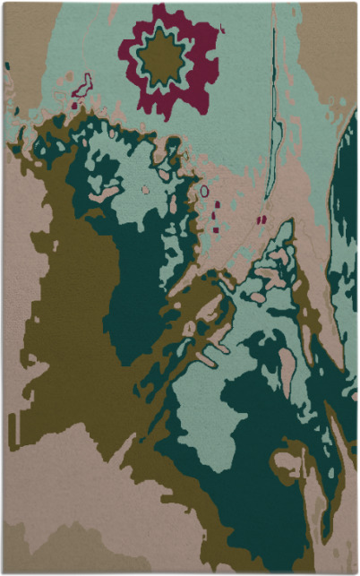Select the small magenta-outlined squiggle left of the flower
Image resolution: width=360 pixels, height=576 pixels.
[x=82, y=87]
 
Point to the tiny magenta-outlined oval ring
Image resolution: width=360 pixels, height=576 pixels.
[x=204, y=191]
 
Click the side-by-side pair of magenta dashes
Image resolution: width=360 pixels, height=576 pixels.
[x=261, y=219]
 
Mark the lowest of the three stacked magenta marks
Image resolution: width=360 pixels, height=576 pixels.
[x=217, y=228]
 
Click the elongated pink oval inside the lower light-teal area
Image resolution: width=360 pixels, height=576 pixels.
[x=287, y=367]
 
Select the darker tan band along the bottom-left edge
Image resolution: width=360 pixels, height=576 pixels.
[x=45, y=546]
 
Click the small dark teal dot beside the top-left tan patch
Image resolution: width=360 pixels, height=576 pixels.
[x=7, y=65]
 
